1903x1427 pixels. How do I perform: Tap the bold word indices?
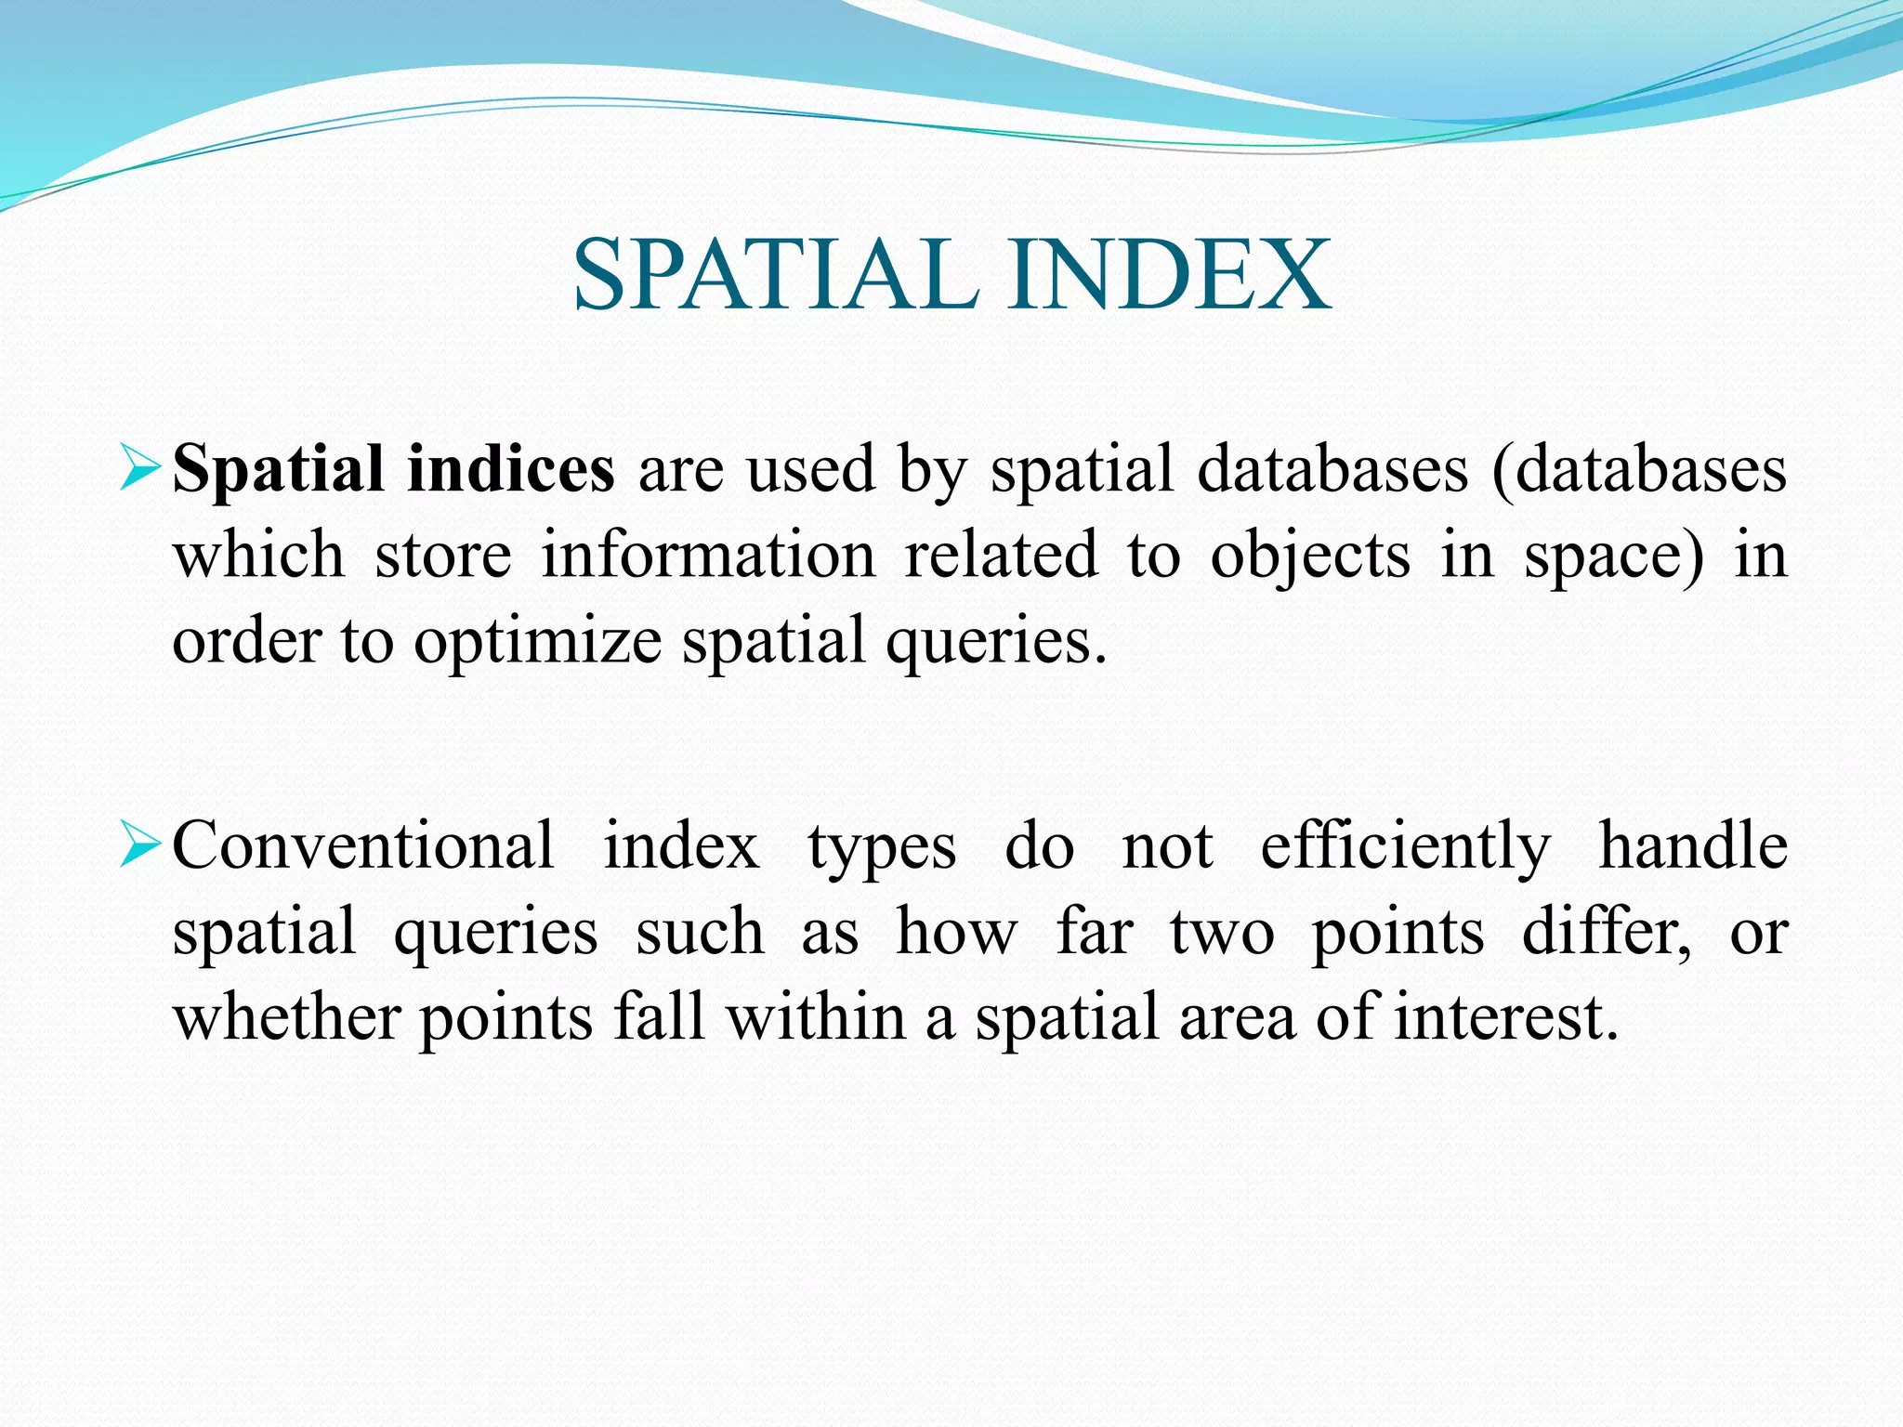click(510, 469)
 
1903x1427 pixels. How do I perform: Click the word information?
click(708, 556)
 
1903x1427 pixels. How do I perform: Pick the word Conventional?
click(363, 846)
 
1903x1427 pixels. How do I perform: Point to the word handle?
click(1693, 845)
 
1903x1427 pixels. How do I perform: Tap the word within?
click(816, 1017)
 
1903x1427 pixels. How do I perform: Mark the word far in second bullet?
click(1094, 932)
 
